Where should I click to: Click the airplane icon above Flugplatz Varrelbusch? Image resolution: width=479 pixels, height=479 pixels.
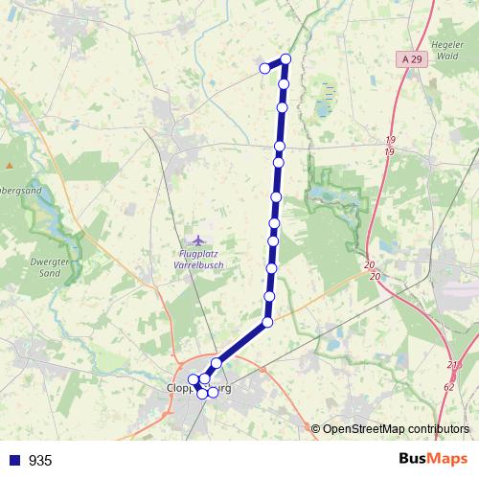(198, 239)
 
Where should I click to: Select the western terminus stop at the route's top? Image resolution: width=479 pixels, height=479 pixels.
(264, 68)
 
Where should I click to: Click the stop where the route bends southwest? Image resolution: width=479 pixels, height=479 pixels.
(267, 323)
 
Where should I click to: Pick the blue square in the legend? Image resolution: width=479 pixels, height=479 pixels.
(15, 460)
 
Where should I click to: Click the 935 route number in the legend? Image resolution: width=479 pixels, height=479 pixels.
(40, 460)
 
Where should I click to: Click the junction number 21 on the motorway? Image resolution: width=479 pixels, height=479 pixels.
(452, 366)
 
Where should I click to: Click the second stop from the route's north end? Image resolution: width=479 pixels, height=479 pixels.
(284, 84)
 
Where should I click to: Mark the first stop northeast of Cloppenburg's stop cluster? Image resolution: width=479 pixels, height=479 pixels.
(217, 363)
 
